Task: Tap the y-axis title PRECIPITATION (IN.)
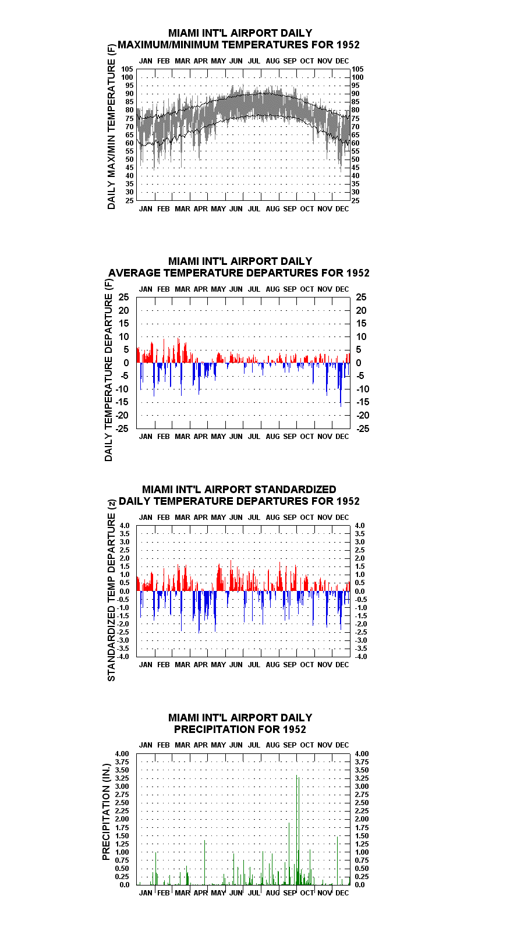click(106, 812)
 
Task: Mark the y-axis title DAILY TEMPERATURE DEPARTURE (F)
click(108, 370)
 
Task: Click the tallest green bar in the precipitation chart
click(297, 830)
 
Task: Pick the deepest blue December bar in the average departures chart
click(341, 384)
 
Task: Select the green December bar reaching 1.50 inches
click(337, 860)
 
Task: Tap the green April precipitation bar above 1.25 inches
click(205, 862)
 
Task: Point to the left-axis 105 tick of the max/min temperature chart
click(127, 69)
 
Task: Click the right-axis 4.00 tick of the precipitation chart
click(362, 754)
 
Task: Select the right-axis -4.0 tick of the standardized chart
click(360, 657)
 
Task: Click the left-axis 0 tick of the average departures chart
click(126, 363)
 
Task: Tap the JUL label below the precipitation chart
click(254, 893)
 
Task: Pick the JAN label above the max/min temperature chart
click(146, 61)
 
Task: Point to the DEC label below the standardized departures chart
click(342, 664)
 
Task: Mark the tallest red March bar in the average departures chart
click(179, 350)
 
